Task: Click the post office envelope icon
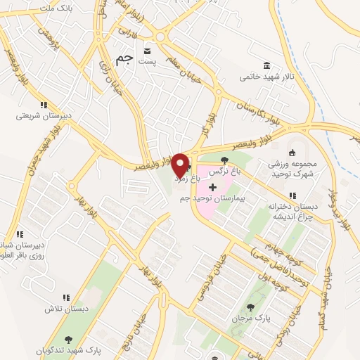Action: click(x=147, y=51)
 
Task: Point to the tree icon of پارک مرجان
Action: click(x=251, y=307)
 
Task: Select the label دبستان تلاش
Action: click(x=66, y=309)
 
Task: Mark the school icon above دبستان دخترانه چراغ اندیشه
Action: click(x=288, y=196)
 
